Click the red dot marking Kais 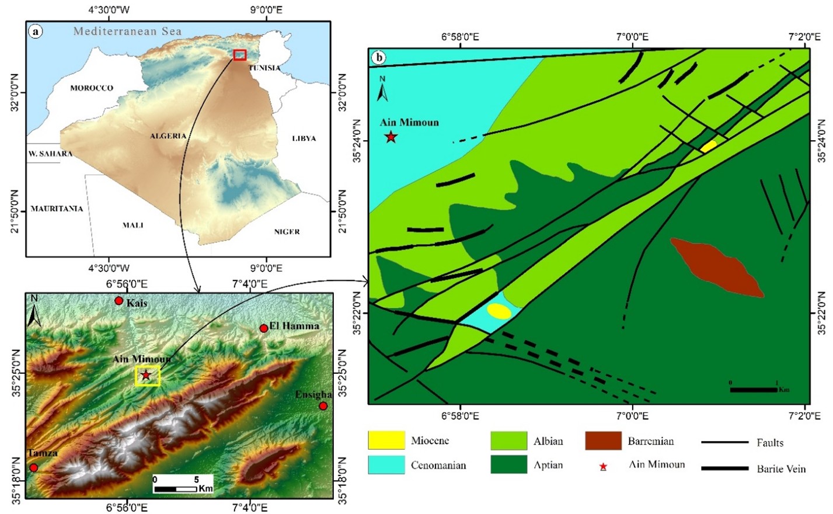pos(119,301)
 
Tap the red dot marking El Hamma pos(264,328)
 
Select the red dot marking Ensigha pos(323,406)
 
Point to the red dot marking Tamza pos(34,467)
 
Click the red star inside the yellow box pos(146,375)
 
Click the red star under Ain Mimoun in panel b pos(391,137)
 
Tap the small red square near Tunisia pos(239,55)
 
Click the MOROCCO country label pos(92,88)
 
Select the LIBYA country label pos(304,138)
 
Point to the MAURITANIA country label pos(57,209)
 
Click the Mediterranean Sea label pos(127,32)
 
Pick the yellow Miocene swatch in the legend pos(386,440)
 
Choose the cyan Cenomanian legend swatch pos(386,465)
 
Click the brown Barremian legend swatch pos(603,440)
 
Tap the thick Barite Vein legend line pos(724,468)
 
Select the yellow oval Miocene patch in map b pos(499,311)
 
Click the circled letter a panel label pos(36,32)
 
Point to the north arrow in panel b pos(382,89)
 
